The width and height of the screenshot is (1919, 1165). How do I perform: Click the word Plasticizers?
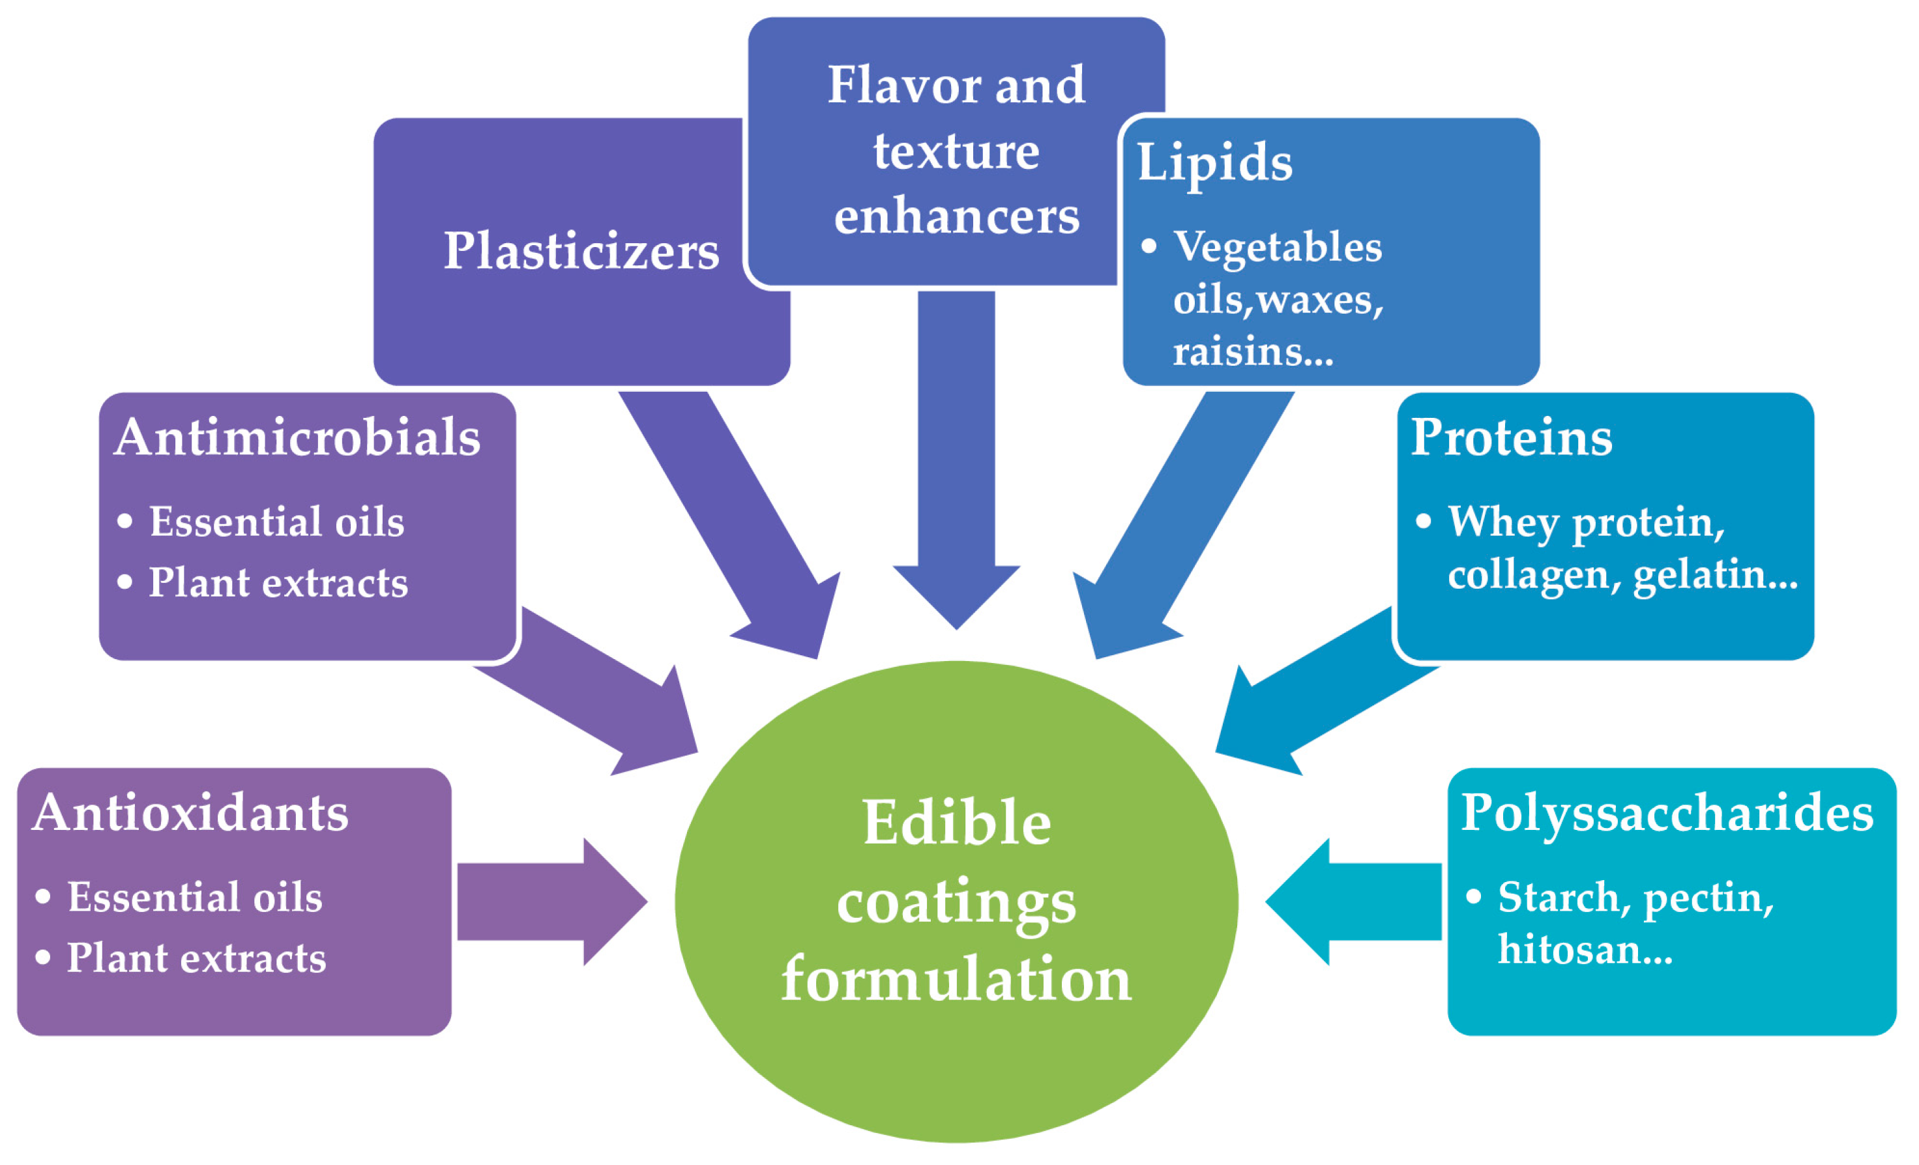pyautogui.click(x=581, y=252)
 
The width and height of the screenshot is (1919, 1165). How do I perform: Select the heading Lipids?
pyautogui.click(x=1214, y=164)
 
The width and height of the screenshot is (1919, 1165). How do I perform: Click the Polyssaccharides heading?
pyautogui.click(x=1667, y=813)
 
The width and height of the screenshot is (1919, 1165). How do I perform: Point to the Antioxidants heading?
pyautogui.click(x=190, y=813)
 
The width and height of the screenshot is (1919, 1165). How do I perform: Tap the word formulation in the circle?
pyautogui.click(x=956, y=980)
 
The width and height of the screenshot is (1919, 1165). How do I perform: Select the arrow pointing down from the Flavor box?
pyautogui.click(x=956, y=467)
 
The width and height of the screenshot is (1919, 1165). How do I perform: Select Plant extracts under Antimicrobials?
pyautogui.click(x=278, y=583)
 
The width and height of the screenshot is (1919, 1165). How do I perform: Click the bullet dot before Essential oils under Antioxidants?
pyautogui.click(x=44, y=896)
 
